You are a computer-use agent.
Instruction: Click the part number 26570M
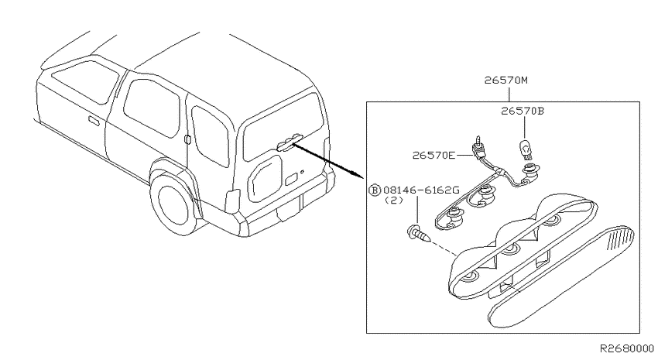click(505, 80)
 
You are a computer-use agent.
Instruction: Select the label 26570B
click(522, 111)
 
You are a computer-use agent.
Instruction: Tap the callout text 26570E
click(434, 156)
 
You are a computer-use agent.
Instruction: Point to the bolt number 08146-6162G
click(421, 190)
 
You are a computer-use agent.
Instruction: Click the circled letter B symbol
click(374, 190)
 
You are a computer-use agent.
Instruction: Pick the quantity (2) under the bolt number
click(393, 201)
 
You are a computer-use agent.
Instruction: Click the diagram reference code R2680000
click(627, 348)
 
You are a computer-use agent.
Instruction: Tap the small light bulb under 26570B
click(525, 149)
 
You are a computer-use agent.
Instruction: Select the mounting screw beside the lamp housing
click(419, 233)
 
